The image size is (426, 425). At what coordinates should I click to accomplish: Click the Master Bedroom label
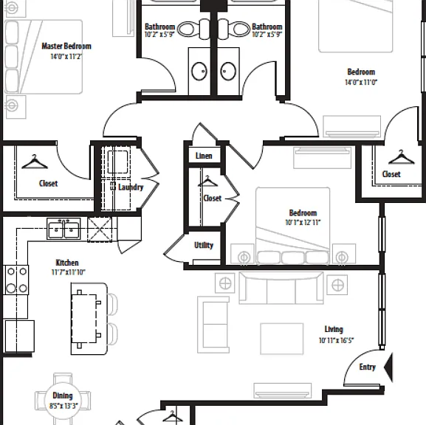(x=66, y=46)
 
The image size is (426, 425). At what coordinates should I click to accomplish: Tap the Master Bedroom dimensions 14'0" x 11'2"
(x=66, y=57)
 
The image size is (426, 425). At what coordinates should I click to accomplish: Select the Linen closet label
(x=204, y=156)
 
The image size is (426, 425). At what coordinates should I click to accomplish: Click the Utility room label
(x=204, y=245)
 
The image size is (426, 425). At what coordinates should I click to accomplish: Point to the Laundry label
(x=131, y=187)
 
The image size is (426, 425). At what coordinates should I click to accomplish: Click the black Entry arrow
(x=388, y=367)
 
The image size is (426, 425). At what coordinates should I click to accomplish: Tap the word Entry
(x=368, y=367)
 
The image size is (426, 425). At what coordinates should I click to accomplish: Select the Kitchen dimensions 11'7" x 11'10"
(x=68, y=272)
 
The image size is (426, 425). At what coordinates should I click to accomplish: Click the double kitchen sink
(x=63, y=229)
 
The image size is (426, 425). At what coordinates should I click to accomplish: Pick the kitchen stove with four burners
(x=16, y=280)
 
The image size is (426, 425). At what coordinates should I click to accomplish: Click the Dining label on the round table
(x=63, y=395)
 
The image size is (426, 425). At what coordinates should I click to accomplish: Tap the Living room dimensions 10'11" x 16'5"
(x=337, y=340)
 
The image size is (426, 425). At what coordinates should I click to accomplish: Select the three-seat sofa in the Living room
(x=281, y=288)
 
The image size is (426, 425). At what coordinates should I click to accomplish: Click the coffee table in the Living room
(x=282, y=339)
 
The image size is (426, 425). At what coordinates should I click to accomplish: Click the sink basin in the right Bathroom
(x=228, y=71)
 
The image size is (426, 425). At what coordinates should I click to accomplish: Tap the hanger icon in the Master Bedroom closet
(x=35, y=162)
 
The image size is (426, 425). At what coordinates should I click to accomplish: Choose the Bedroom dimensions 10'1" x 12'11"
(x=303, y=222)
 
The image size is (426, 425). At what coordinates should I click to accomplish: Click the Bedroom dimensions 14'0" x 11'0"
(x=361, y=82)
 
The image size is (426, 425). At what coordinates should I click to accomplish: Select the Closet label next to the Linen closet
(x=213, y=198)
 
